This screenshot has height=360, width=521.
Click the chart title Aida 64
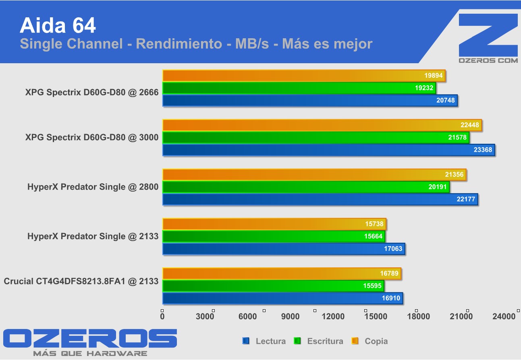(58, 25)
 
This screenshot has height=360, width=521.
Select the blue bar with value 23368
(328, 150)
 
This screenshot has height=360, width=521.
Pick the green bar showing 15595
(273, 286)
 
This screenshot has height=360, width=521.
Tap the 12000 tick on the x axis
(333, 317)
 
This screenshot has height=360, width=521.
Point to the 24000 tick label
(504, 317)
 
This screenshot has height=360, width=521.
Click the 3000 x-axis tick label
(205, 317)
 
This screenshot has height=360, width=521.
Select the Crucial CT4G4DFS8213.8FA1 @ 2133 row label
(81, 281)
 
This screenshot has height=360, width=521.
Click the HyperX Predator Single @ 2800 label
(93, 187)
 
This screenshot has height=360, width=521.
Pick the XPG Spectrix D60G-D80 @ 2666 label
(91, 92)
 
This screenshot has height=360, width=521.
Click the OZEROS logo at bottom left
(90, 339)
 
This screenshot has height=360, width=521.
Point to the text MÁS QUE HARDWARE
(90, 354)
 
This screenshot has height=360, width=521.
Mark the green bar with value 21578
(316, 138)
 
